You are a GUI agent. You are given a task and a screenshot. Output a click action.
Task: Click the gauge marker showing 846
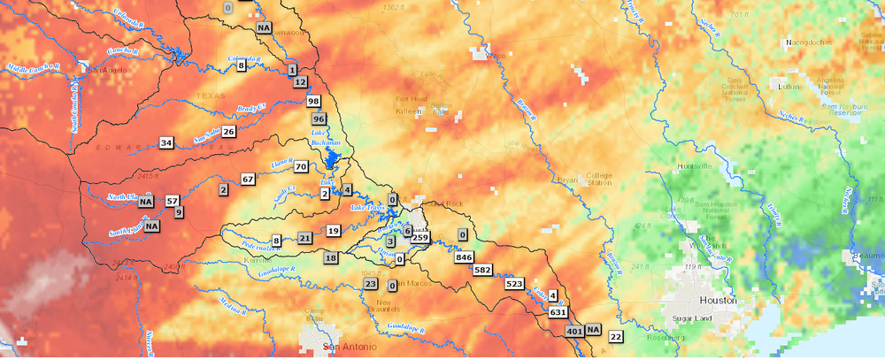(x=464, y=257)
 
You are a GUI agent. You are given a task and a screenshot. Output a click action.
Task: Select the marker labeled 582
(x=483, y=270)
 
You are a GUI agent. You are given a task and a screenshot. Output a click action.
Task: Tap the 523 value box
(x=515, y=284)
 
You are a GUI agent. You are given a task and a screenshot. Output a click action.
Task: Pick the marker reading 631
(x=558, y=312)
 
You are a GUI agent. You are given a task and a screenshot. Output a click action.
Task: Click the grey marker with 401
(x=573, y=332)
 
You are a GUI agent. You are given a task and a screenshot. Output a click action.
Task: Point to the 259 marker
(x=420, y=238)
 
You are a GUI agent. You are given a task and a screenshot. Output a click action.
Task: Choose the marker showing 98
(x=313, y=102)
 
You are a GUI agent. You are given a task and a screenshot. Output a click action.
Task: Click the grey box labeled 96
(x=319, y=119)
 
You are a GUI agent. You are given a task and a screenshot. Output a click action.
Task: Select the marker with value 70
(x=301, y=166)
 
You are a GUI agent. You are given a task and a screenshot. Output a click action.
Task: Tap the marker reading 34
(x=166, y=142)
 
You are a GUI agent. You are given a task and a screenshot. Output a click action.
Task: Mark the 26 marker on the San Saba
(x=228, y=132)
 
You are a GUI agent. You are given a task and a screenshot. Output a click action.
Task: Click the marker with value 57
(x=172, y=201)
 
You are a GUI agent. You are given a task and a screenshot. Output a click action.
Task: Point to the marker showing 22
(x=616, y=336)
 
